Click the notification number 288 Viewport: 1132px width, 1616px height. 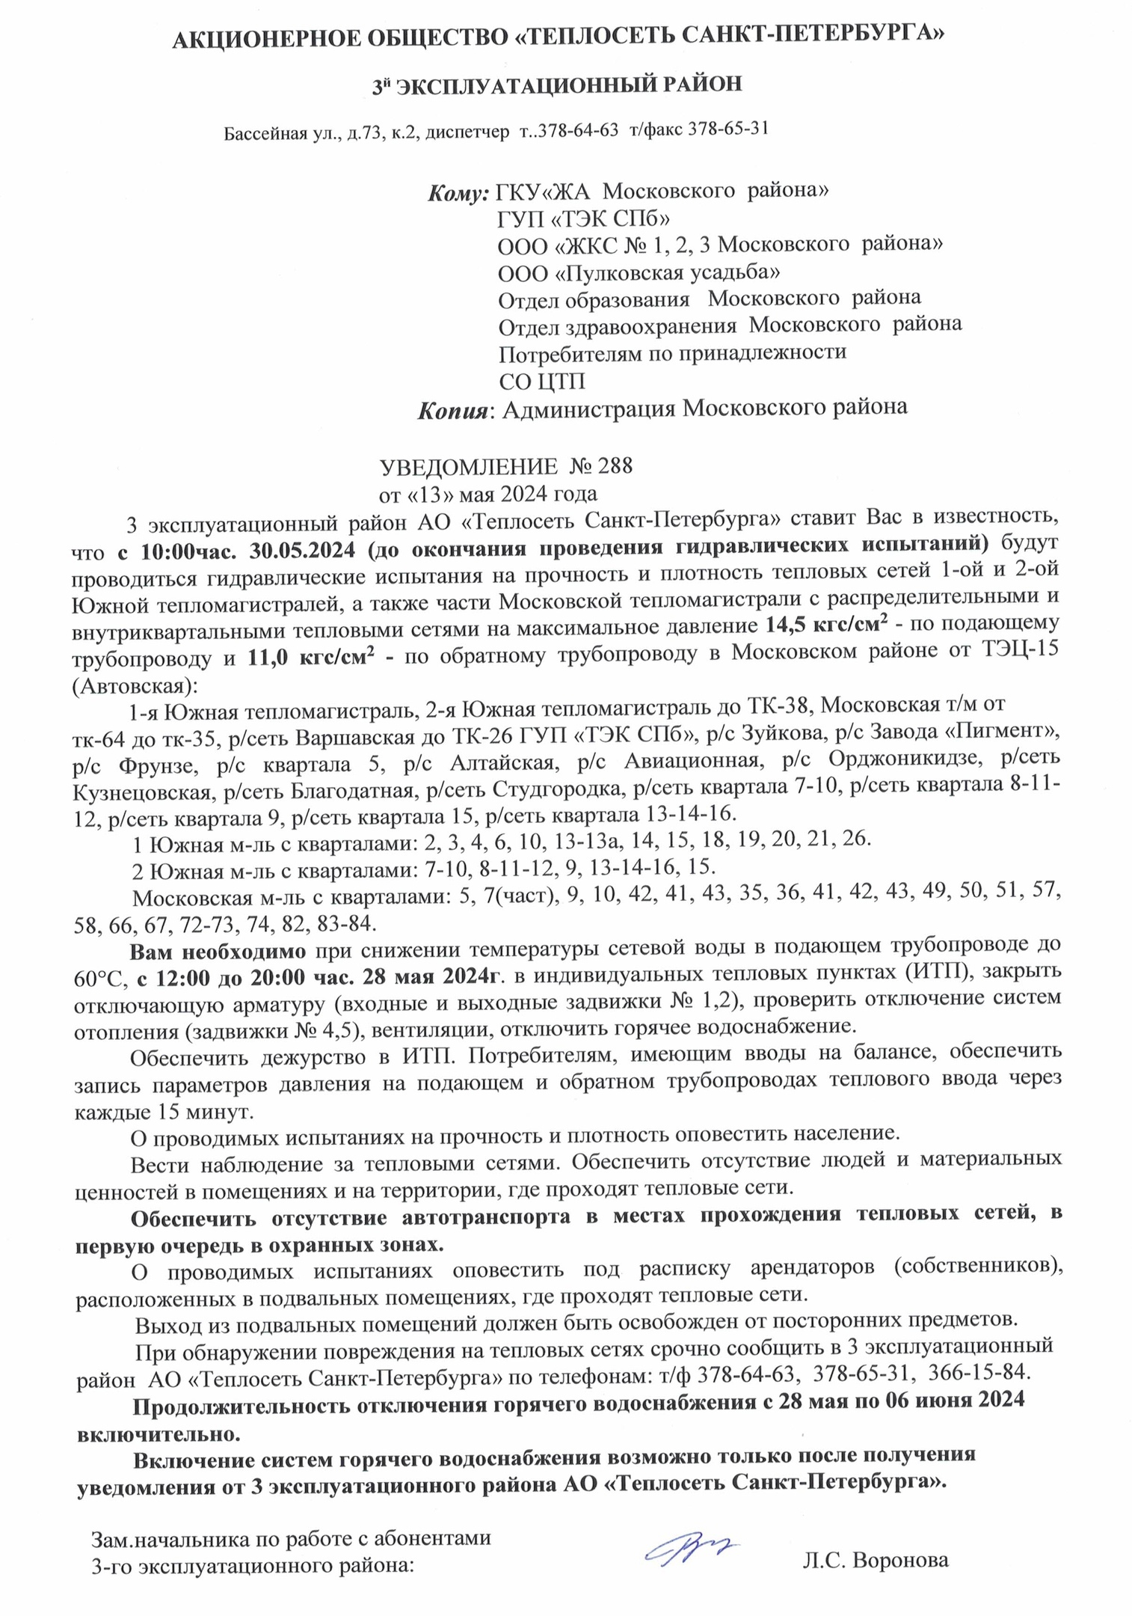[x=615, y=467]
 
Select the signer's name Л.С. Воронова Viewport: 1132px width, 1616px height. [x=876, y=1561]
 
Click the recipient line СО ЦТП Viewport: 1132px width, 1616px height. [x=541, y=382]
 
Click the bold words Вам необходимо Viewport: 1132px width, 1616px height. [x=218, y=952]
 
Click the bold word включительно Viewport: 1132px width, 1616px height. [x=159, y=1434]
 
